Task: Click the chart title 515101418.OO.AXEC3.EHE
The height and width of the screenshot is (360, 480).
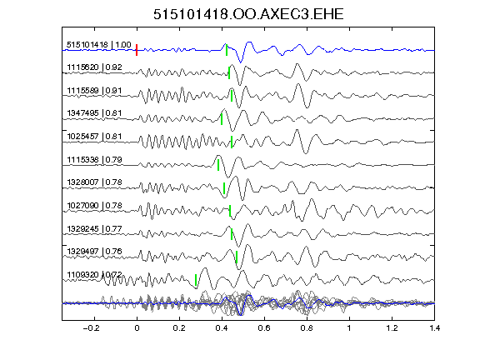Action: pos(248,14)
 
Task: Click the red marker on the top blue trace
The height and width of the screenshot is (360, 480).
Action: pos(137,50)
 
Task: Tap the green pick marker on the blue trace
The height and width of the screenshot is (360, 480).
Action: pos(227,50)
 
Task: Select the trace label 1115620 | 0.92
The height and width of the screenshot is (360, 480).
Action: pos(95,67)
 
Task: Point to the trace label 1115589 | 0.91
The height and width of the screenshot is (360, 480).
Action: pos(95,91)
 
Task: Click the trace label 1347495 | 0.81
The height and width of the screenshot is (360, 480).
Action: pos(95,113)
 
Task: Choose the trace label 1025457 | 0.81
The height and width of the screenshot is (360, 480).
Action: pos(95,136)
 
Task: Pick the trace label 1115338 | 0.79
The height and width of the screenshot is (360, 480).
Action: pos(95,159)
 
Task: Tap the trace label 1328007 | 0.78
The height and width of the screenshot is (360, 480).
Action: pos(95,182)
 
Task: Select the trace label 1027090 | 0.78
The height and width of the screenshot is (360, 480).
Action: pos(95,205)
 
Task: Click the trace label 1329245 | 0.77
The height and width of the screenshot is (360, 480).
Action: pos(95,228)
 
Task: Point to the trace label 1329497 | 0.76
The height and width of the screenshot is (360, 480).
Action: pos(95,252)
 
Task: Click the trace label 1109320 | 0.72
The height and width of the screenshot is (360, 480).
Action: pos(95,275)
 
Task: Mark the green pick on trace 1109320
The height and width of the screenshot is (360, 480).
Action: pos(196,280)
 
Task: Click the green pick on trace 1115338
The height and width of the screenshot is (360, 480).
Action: pos(218,165)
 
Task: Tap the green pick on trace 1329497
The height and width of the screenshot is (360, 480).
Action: pos(237,257)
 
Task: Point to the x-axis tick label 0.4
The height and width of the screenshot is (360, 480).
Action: pos(222,328)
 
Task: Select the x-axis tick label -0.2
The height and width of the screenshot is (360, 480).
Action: pos(91,328)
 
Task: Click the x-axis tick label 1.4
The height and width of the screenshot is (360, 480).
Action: pos(435,328)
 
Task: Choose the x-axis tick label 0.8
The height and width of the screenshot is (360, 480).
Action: pos(307,328)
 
